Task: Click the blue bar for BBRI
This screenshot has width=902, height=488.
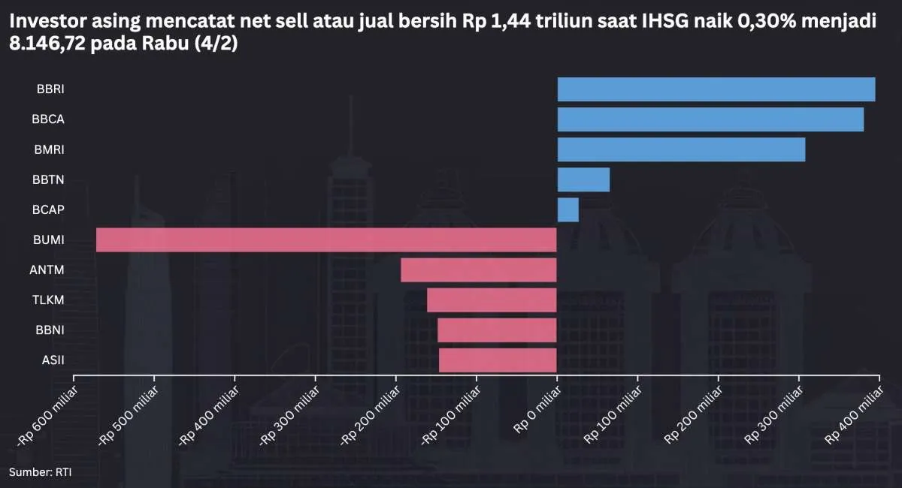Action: [716, 89]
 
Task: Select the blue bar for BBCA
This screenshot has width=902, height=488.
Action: [710, 119]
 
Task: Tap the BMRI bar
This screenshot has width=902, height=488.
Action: [681, 149]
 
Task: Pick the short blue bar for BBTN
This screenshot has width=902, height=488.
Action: [583, 179]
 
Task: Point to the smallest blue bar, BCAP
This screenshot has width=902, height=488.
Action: [568, 209]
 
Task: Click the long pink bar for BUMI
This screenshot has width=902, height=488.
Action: [326, 239]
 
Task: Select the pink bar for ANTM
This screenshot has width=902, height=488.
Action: [479, 270]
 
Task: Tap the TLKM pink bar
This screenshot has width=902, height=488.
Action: [492, 300]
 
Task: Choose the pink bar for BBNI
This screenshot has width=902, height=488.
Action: [497, 330]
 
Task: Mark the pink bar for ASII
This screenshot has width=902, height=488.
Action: [498, 360]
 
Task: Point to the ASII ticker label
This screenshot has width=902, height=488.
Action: [53, 360]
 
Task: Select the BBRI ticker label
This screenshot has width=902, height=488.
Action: [50, 89]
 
